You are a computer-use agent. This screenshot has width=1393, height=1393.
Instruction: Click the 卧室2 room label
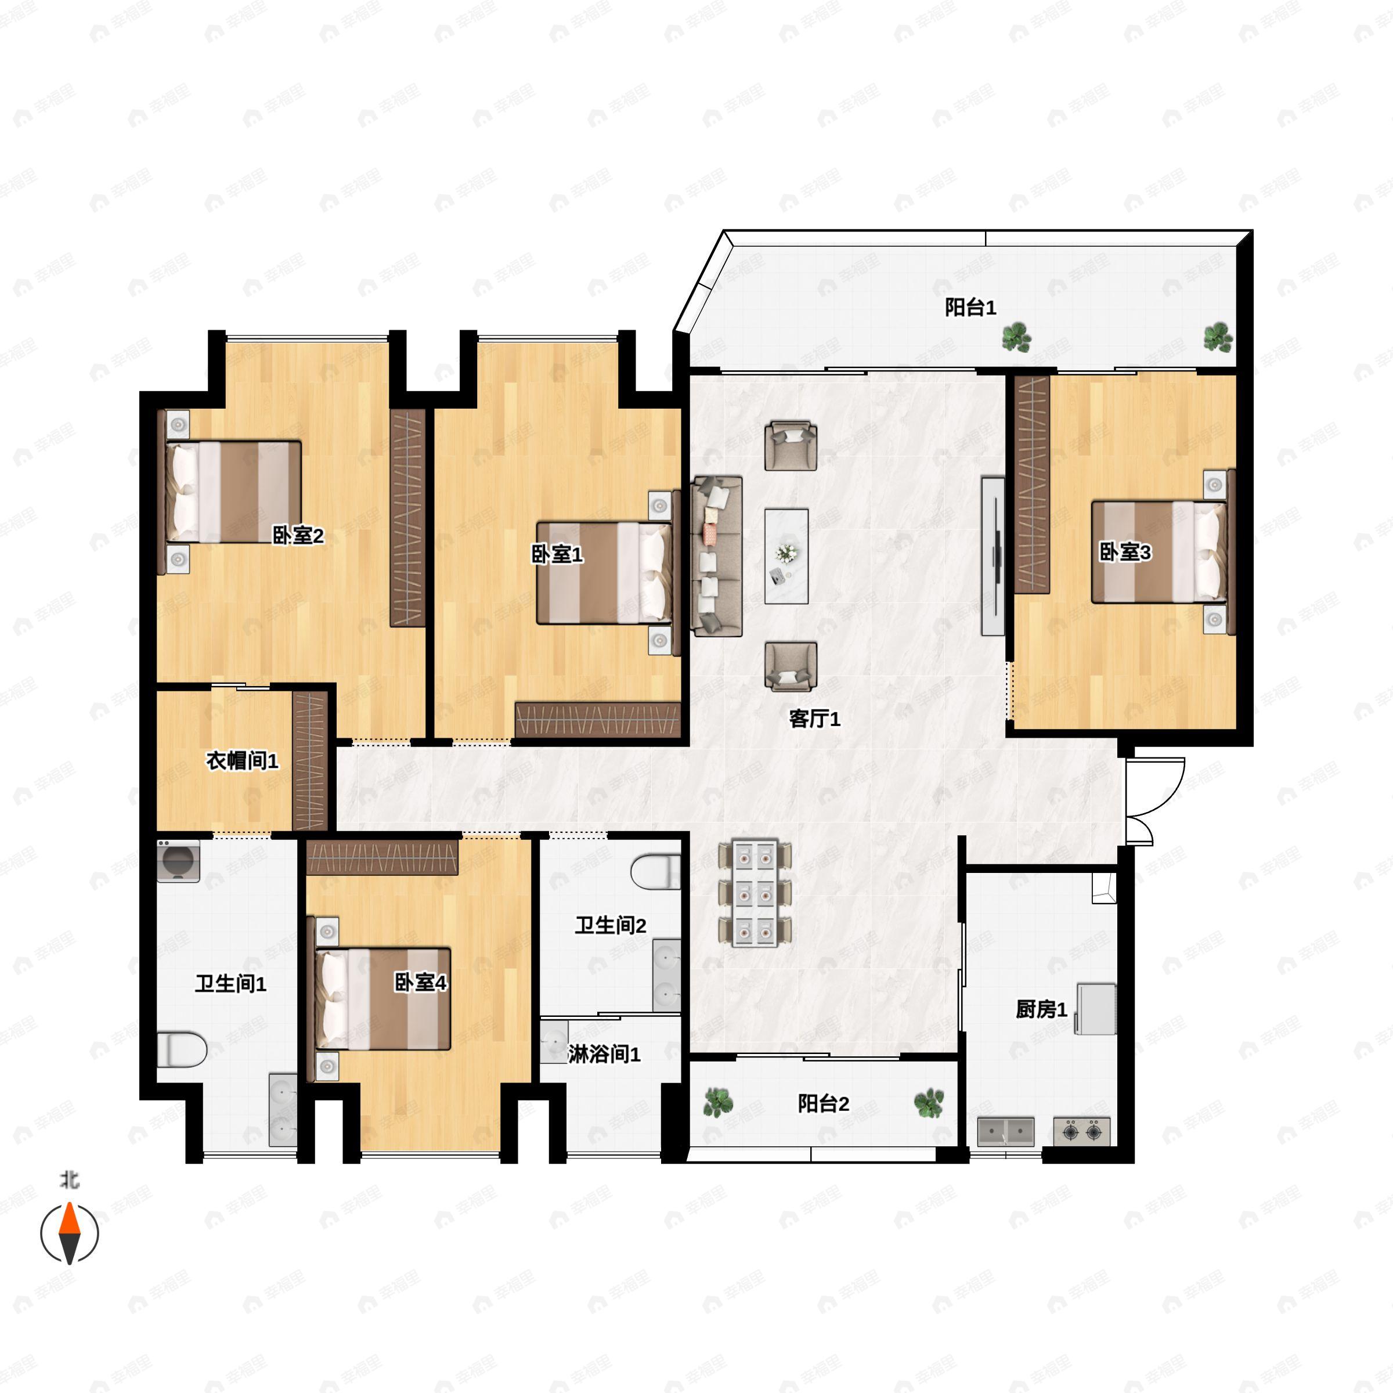coord(297,536)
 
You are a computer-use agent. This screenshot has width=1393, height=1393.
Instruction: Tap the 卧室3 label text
coord(1125,553)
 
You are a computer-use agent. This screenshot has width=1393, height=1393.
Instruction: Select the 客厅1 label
coord(815,719)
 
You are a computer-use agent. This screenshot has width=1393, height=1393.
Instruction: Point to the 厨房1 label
coord(1041,1009)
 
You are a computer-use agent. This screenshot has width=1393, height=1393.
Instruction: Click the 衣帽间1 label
coord(242,761)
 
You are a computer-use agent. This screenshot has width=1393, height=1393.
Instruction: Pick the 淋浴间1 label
coord(604,1055)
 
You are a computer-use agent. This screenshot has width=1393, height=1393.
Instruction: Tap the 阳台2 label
coord(824,1104)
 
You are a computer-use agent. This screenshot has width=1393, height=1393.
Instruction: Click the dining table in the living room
coord(755,893)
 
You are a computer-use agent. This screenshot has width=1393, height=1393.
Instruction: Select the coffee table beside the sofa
coord(786,556)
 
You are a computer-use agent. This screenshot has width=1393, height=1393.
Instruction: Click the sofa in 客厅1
coord(717,556)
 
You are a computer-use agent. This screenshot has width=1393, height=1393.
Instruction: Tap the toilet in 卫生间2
coord(655,871)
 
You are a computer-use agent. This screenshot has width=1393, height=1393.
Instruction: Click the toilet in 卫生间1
coord(181,1049)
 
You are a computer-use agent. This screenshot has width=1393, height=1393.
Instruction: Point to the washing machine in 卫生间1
coord(178,860)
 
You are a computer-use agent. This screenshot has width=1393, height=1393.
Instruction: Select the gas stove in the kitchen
coord(1081,1132)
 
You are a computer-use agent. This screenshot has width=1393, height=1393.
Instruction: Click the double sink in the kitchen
coord(1006,1132)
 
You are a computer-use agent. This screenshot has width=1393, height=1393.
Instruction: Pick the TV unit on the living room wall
coord(994,556)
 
